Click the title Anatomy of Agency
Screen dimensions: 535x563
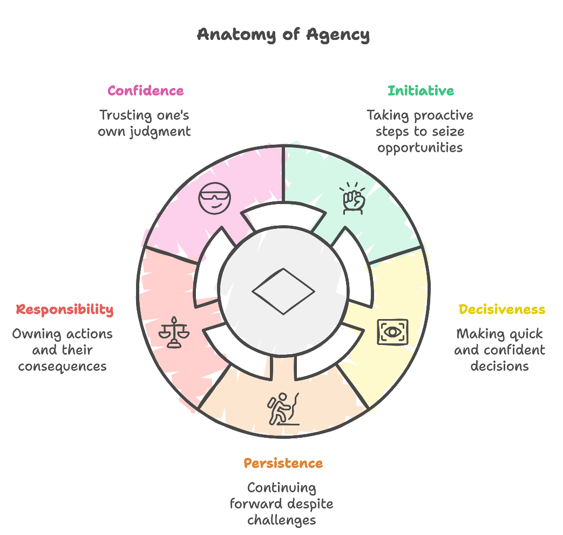pyautogui.click(x=283, y=35)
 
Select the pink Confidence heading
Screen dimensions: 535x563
pyautogui.click(x=145, y=91)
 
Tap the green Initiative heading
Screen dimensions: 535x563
pyautogui.click(x=420, y=91)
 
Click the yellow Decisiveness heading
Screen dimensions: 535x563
pyautogui.click(x=501, y=310)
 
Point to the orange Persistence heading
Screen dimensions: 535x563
pyautogui.click(x=283, y=463)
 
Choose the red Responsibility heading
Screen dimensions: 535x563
pyautogui.click(x=65, y=310)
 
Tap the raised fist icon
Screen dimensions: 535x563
pyautogui.click(x=352, y=199)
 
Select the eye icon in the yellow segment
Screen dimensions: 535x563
pyautogui.click(x=392, y=332)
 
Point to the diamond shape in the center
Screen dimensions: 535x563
pyautogui.click(x=283, y=291)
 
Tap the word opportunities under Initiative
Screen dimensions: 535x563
pyautogui.click(x=420, y=148)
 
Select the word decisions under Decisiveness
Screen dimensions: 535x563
pyautogui.click(x=499, y=366)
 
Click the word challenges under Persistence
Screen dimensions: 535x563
pyautogui.click(x=281, y=520)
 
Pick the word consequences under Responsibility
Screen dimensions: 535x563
pyautogui.click(x=62, y=366)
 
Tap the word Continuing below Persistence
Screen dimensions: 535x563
pyautogui.click(x=281, y=487)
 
